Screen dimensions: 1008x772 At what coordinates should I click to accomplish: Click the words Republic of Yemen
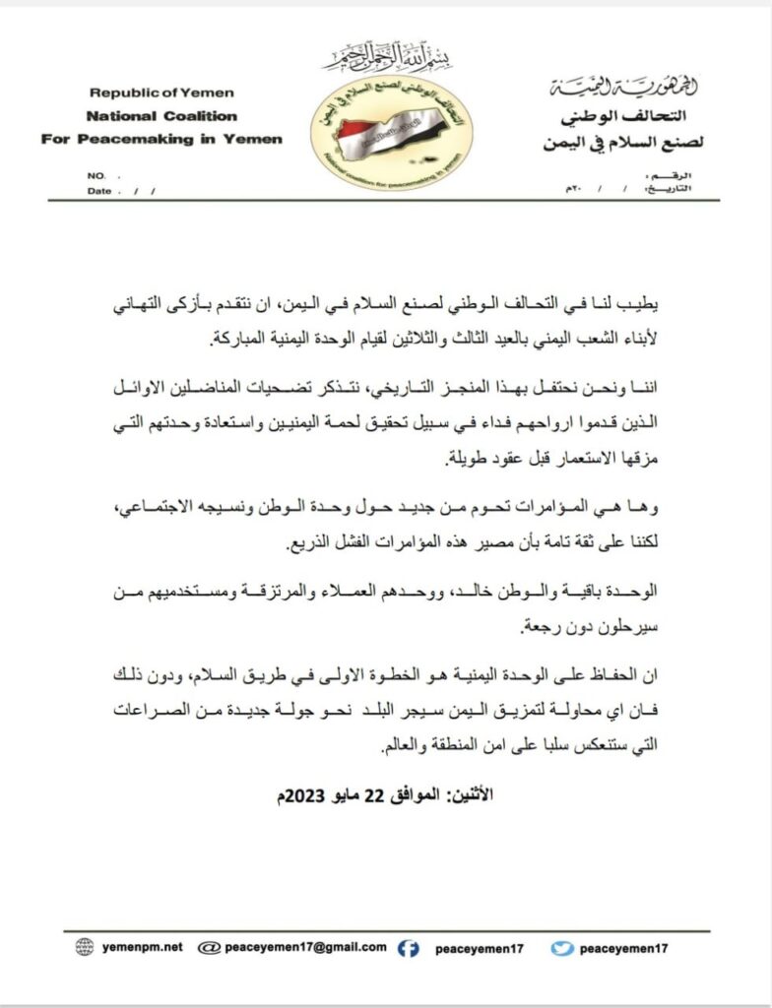point(161,94)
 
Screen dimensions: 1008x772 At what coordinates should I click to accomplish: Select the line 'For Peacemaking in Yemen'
point(161,139)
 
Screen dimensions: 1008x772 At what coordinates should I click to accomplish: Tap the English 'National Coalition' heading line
point(161,115)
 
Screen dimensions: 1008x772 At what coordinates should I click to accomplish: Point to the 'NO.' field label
point(96,175)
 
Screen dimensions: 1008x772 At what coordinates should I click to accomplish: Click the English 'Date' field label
point(99,191)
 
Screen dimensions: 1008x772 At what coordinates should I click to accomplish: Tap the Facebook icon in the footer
point(409,948)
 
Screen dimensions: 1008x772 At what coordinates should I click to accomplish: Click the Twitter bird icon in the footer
point(562,948)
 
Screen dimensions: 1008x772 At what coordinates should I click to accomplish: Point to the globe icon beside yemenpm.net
point(85,947)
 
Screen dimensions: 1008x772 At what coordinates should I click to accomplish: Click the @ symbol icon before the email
point(208,947)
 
